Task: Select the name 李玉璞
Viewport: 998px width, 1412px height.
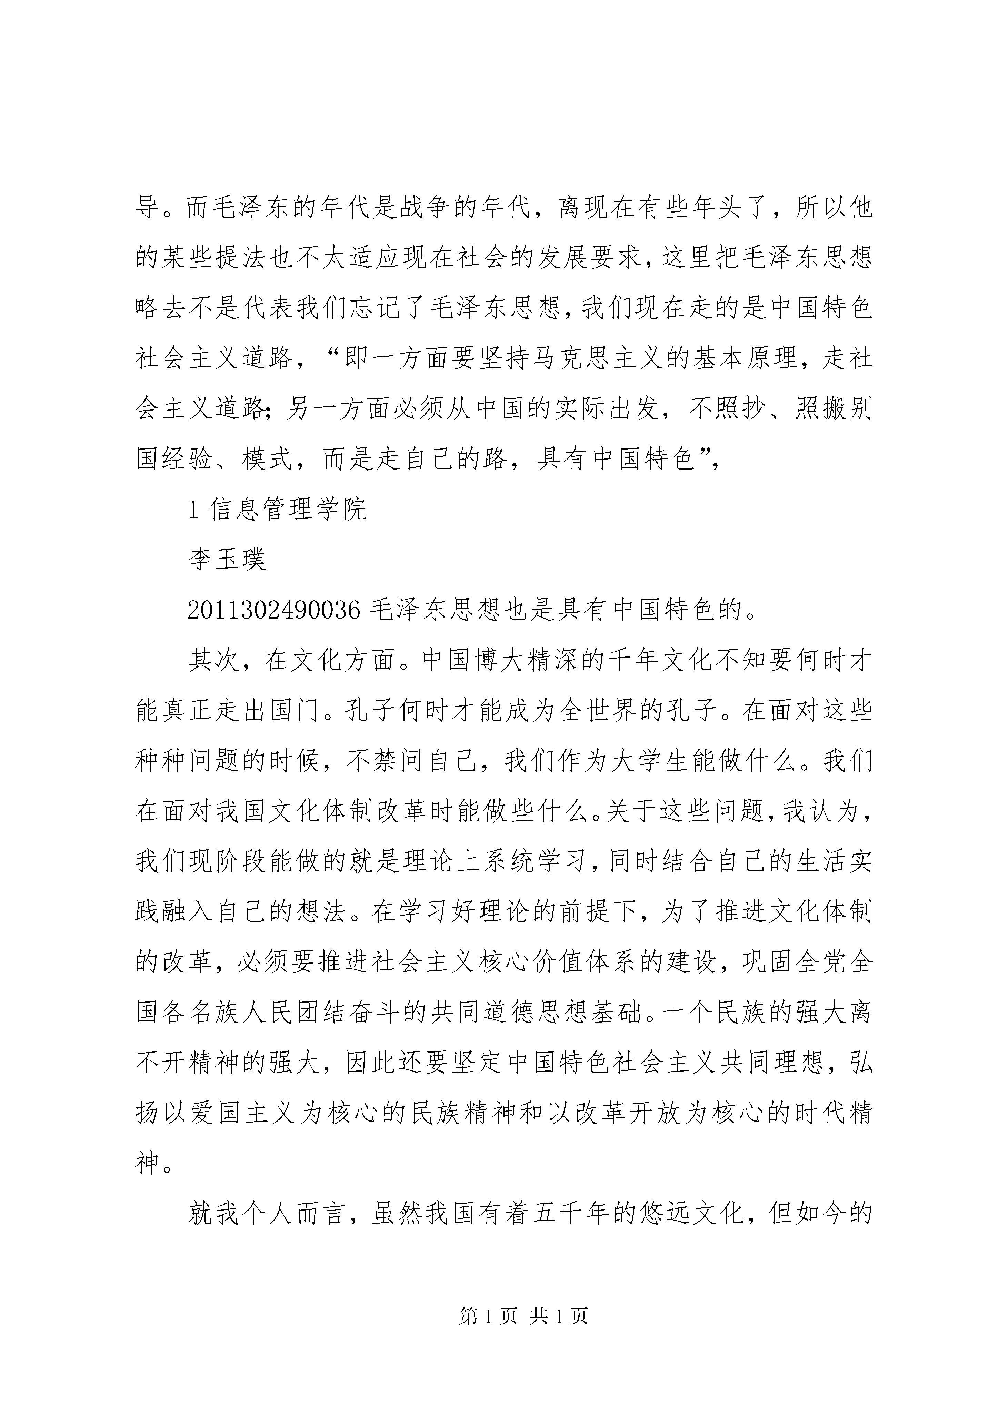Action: click(x=227, y=559)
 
